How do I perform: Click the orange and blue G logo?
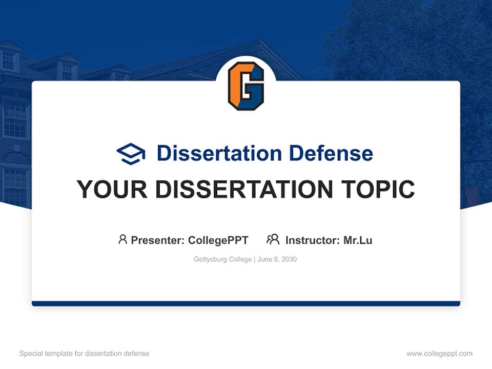tap(246, 86)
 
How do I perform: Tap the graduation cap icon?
tap(131, 154)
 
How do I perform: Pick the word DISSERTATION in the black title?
tap(243, 190)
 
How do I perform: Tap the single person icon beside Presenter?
tap(122, 239)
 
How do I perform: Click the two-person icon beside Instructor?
tap(273, 239)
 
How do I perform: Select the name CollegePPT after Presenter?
tap(218, 240)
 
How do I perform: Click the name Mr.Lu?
tap(358, 240)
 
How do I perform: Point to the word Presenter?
tap(158, 240)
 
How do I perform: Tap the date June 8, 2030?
tap(277, 259)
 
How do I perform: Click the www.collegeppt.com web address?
tap(439, 354)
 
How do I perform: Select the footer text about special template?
tap(85, 354)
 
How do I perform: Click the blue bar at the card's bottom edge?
tap(246, 303)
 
